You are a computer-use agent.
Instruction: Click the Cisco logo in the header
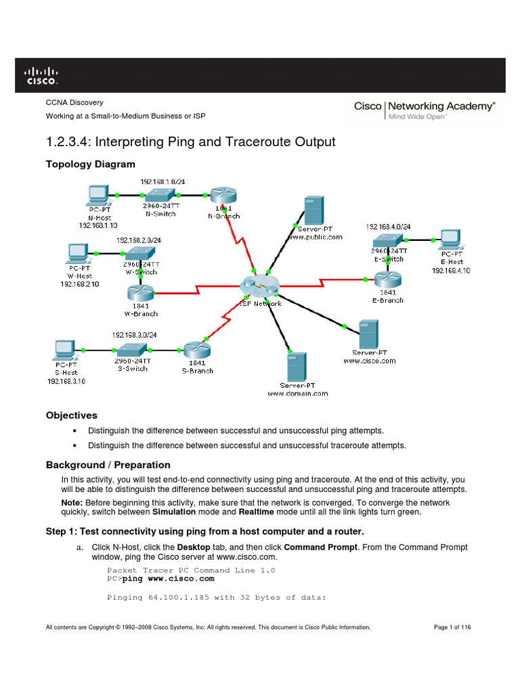[x=41, y=75]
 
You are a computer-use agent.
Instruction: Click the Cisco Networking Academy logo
[x=425, y=110]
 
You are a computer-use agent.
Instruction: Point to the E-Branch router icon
[x=388, y=278]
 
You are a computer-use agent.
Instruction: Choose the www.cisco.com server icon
[x=368, y=334]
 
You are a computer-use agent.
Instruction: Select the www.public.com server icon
[x=313, y=211]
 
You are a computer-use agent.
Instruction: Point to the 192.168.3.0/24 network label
[x=135, y=334]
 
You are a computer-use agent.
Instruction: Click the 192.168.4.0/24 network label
[x=387, y=227]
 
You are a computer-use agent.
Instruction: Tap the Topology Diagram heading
[x=90, y=164]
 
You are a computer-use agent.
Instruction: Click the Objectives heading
[x=71, y=415]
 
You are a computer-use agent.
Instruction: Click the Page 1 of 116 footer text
[x=452, y=627]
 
